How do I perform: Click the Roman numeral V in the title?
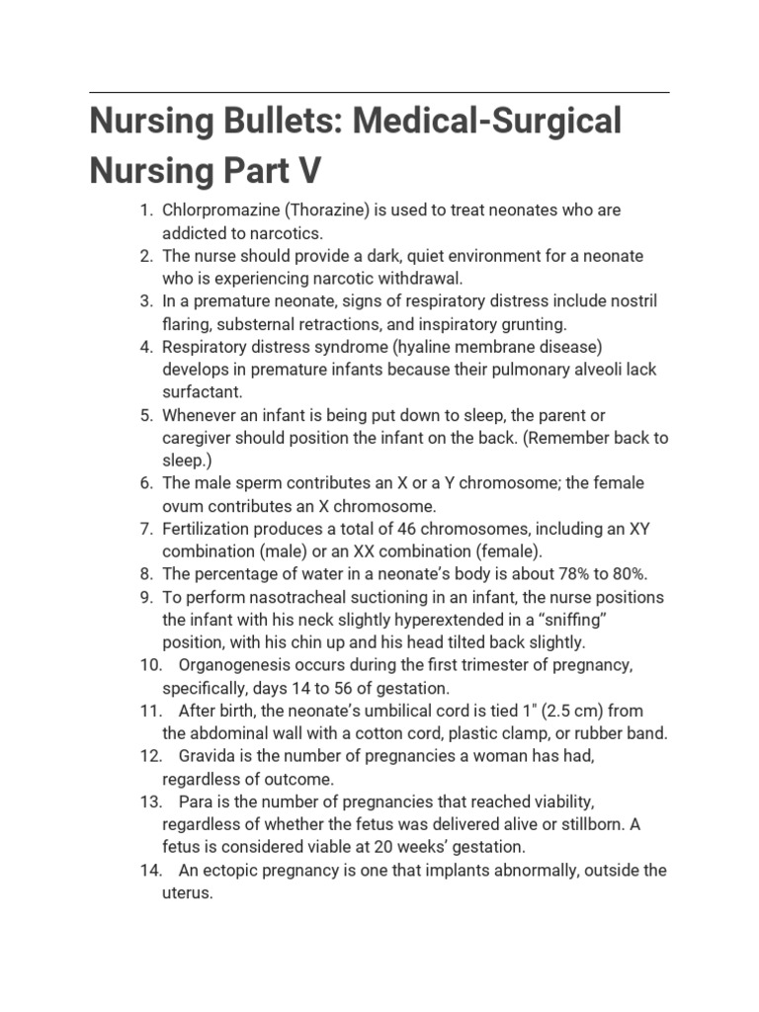[x=309, y=170]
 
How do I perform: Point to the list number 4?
[x=146, y=347]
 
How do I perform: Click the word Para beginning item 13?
[x=195, y=801]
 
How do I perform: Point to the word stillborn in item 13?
[x=589, y=824]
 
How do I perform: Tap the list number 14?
[x=150, y=870]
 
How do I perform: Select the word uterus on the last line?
[x=188, y=892]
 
